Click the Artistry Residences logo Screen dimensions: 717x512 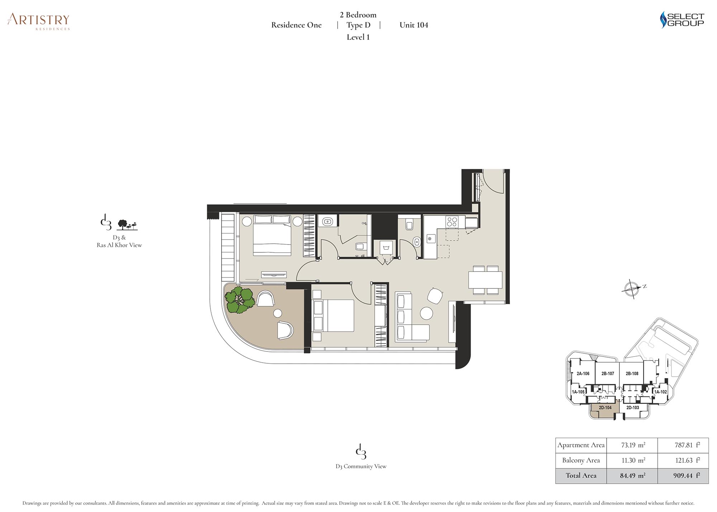click(38, 22)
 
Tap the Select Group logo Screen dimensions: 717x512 click(682, 20)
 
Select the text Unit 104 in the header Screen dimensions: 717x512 click(414, 25)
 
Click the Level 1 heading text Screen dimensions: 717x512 click(358, 37)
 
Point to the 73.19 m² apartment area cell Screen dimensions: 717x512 click(633, 445)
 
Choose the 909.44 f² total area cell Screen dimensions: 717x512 click(687, 476)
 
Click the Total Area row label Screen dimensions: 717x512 click(581, 476)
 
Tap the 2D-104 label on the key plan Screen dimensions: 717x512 click(605, 408)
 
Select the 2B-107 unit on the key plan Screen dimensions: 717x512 click(608, 373)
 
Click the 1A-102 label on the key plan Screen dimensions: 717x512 click(660, 392)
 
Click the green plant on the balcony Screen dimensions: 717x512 click(239, 300)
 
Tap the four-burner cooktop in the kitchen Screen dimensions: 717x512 click(452, 222)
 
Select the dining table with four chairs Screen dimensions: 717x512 click(485, 280)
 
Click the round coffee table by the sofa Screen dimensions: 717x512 click(427, 313)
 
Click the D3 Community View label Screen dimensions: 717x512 click(361, 466)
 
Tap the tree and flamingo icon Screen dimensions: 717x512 click(127, 225)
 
